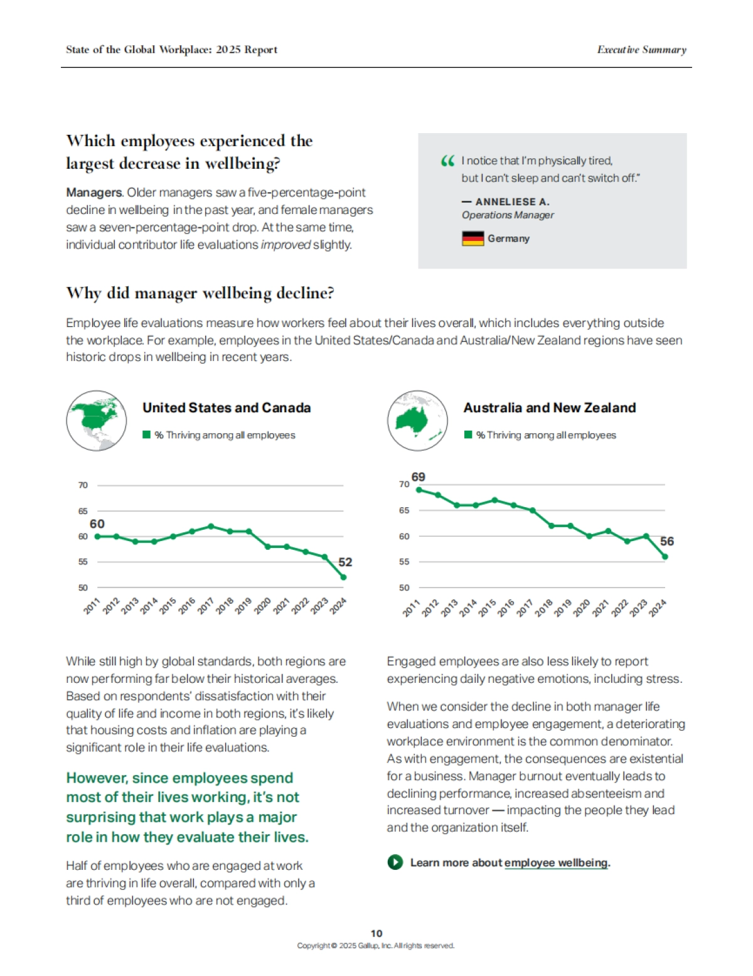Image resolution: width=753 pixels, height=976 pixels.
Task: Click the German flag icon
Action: [473, 239]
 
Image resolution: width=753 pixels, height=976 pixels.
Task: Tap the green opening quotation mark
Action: [447, 161]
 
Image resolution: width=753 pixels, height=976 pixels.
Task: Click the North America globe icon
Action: [97, 421]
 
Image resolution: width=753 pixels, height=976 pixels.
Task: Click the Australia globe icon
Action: [417, 421]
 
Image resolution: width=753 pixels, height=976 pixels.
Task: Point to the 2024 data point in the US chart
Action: [343, 577]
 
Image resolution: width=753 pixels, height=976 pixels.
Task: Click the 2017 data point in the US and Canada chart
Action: [211, 526]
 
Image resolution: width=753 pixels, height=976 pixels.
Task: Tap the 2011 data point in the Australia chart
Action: [419, 490]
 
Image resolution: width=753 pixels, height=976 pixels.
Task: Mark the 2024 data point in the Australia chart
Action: [665, 557]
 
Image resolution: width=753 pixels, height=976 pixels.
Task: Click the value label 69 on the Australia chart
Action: [418, 477]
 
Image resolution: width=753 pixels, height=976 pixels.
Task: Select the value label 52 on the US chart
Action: [345, 562]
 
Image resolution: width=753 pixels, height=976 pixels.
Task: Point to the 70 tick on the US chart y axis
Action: [83, 485]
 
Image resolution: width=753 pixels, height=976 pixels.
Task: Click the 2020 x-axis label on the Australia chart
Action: [582, 608]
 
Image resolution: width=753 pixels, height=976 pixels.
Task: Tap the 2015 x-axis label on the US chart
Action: [168, 606]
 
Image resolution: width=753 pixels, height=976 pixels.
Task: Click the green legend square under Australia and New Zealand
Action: [468, 435]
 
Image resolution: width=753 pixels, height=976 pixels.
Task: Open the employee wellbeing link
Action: [556, 862]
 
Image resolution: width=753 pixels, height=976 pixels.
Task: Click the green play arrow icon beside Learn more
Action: [395, 862]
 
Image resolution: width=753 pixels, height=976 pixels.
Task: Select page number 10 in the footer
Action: [376, 933]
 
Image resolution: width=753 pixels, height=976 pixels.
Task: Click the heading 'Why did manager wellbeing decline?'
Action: [200, 293]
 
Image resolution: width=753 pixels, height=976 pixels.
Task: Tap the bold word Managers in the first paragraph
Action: [94, 193]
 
